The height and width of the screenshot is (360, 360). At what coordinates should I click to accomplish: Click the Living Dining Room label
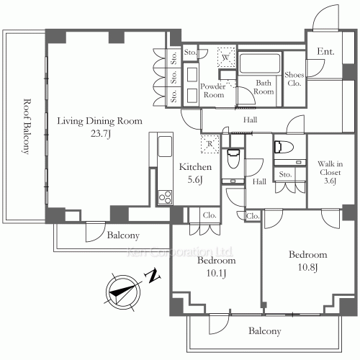[x=99, y=121]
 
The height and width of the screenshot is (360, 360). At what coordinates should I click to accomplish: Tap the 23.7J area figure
[x=101, y=133]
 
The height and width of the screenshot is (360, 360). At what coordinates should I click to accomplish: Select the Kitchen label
[x=195, y=167]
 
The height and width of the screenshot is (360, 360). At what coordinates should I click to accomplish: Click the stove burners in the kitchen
[x=165, y=197]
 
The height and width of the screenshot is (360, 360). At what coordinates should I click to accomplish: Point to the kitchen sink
[x=165, y=146]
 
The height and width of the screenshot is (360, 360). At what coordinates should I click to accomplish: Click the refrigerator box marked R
[x=210, y=144]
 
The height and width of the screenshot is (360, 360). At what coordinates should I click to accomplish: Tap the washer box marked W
[x=225, y=58]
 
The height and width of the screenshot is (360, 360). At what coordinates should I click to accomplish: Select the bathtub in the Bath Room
[x=260, y=63]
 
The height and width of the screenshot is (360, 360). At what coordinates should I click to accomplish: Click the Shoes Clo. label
[x=294, y=79]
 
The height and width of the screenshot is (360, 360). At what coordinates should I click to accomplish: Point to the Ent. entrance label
[x=325, y=51]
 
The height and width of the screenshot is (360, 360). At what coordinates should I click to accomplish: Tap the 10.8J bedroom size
[x=307, y=267]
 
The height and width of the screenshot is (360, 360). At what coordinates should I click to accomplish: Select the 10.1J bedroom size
[x=216, y=274]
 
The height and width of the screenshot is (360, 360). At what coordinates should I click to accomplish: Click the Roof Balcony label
[x=27, y=126]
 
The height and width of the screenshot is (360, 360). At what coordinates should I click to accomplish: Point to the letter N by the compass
[x=153, y=276]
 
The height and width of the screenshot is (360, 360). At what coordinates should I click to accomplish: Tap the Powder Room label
[x=213, y=91]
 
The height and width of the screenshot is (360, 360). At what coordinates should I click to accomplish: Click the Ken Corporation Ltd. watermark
[x=180, y=252]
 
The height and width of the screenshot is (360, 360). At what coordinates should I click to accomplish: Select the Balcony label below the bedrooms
[x=265, y=331]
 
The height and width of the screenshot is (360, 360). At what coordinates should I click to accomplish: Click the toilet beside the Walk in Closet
[x=284, y=147]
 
